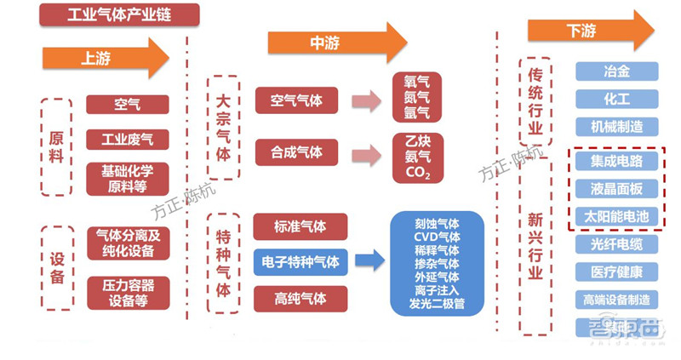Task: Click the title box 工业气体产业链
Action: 119,14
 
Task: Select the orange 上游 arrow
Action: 106,58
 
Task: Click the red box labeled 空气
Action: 128,105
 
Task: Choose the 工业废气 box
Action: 128,139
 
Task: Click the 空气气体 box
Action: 296,100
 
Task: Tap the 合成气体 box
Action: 296,152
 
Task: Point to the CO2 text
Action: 416,174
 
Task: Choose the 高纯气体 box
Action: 300,297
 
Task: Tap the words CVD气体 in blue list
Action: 437,237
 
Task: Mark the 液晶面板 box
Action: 616,188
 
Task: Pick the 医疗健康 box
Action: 616,271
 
